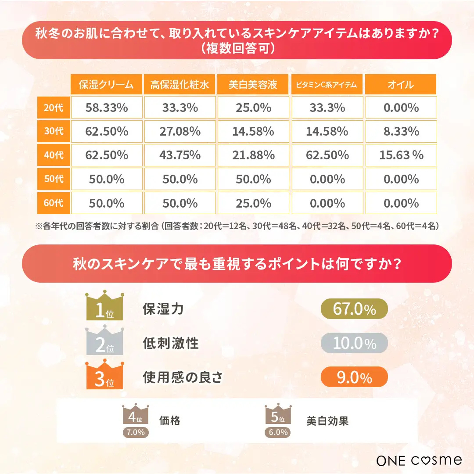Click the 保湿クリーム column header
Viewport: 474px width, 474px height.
click(x=106, y=84)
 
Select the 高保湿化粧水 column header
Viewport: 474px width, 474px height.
click(x=180, y=84)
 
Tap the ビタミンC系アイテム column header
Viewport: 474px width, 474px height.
click(x=327, y=84)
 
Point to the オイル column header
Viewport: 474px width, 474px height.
click(x=400, y=84)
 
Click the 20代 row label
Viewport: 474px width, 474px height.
click(x=54, y=108)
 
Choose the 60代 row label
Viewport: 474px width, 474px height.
click(x=54, y=203)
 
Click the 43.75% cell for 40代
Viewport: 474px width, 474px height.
click(x=180, y=155)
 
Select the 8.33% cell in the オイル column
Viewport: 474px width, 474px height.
click(x=401, y=131)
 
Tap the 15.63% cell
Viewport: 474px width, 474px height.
click(x=401, y=155)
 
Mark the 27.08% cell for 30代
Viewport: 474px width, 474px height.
click(x=180, y=131)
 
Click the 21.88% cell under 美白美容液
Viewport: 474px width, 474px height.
click(x=253, y=155)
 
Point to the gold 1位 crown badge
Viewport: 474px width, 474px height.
click(x=104, y=306)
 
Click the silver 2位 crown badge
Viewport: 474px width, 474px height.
click(x=104, y=341)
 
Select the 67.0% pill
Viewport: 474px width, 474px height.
click(x=354, y=309)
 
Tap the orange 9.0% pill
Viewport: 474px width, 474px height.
click(x=354, y=377)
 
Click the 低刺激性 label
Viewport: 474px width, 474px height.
click(x=171, y=343)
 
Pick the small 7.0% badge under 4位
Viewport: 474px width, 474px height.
click(x=136, y=432)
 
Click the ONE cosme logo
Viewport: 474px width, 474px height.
click(x=419, y=460)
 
